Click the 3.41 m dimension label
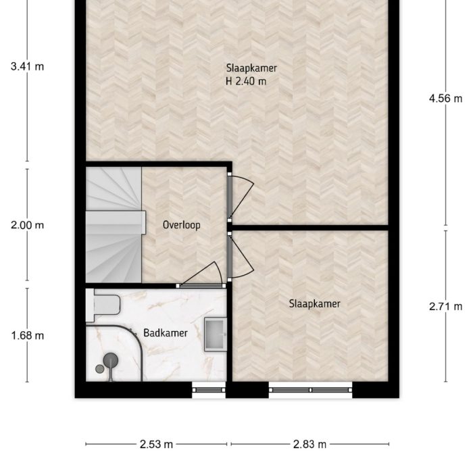coord(27,66)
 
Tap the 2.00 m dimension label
coord(27,226)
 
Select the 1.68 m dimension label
coord(27,335)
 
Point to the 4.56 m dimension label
coord(445,98)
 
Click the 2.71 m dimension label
coord(445,306)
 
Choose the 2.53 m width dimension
coord(156,444)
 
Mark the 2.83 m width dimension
coord(310,444)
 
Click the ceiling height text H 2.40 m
coord(246,82)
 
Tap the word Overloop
coord(182,226)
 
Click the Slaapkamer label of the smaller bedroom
coord(314,304)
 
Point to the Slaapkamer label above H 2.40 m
coord(251,68)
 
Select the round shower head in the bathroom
coord(109,362)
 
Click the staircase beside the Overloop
coord(114,224)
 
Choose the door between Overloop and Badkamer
coord(201,277)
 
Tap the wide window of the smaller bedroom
coord(310,389)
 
